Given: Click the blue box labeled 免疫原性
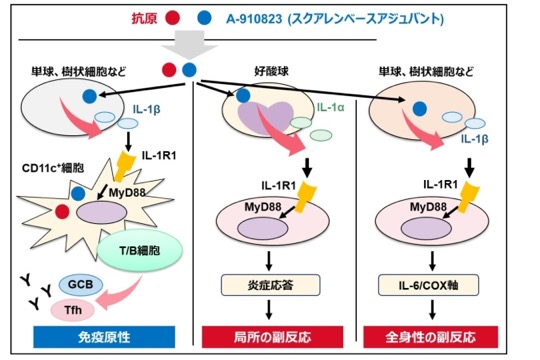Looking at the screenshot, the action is coord(104,337).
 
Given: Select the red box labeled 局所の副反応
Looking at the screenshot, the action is coord(272,337).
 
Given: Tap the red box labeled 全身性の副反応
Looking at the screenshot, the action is coord(430,337).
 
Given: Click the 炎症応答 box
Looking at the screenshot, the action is coord(270,285).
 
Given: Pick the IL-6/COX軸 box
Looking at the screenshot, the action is coord(428,285).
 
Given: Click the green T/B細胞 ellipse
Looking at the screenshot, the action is coord(140,250).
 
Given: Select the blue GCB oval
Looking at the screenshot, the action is coord(81,285).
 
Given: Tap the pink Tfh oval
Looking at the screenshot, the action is coord(73,310).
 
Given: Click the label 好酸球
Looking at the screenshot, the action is coord(271,71).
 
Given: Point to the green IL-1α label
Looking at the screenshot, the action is coord(331,107).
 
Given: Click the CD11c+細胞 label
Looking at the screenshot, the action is coord(53,168).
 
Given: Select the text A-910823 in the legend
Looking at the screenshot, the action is coord(254,19).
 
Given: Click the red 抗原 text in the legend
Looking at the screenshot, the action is coord(144,18).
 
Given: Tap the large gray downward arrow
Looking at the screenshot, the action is coord(190,45).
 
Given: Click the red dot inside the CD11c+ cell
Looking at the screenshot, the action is coord(62,212).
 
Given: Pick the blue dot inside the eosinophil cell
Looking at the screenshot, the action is coord(243,95).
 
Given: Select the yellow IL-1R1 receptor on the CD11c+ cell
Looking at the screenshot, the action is coord(122,166).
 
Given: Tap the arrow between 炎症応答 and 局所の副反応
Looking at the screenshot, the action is coord(269,310).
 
